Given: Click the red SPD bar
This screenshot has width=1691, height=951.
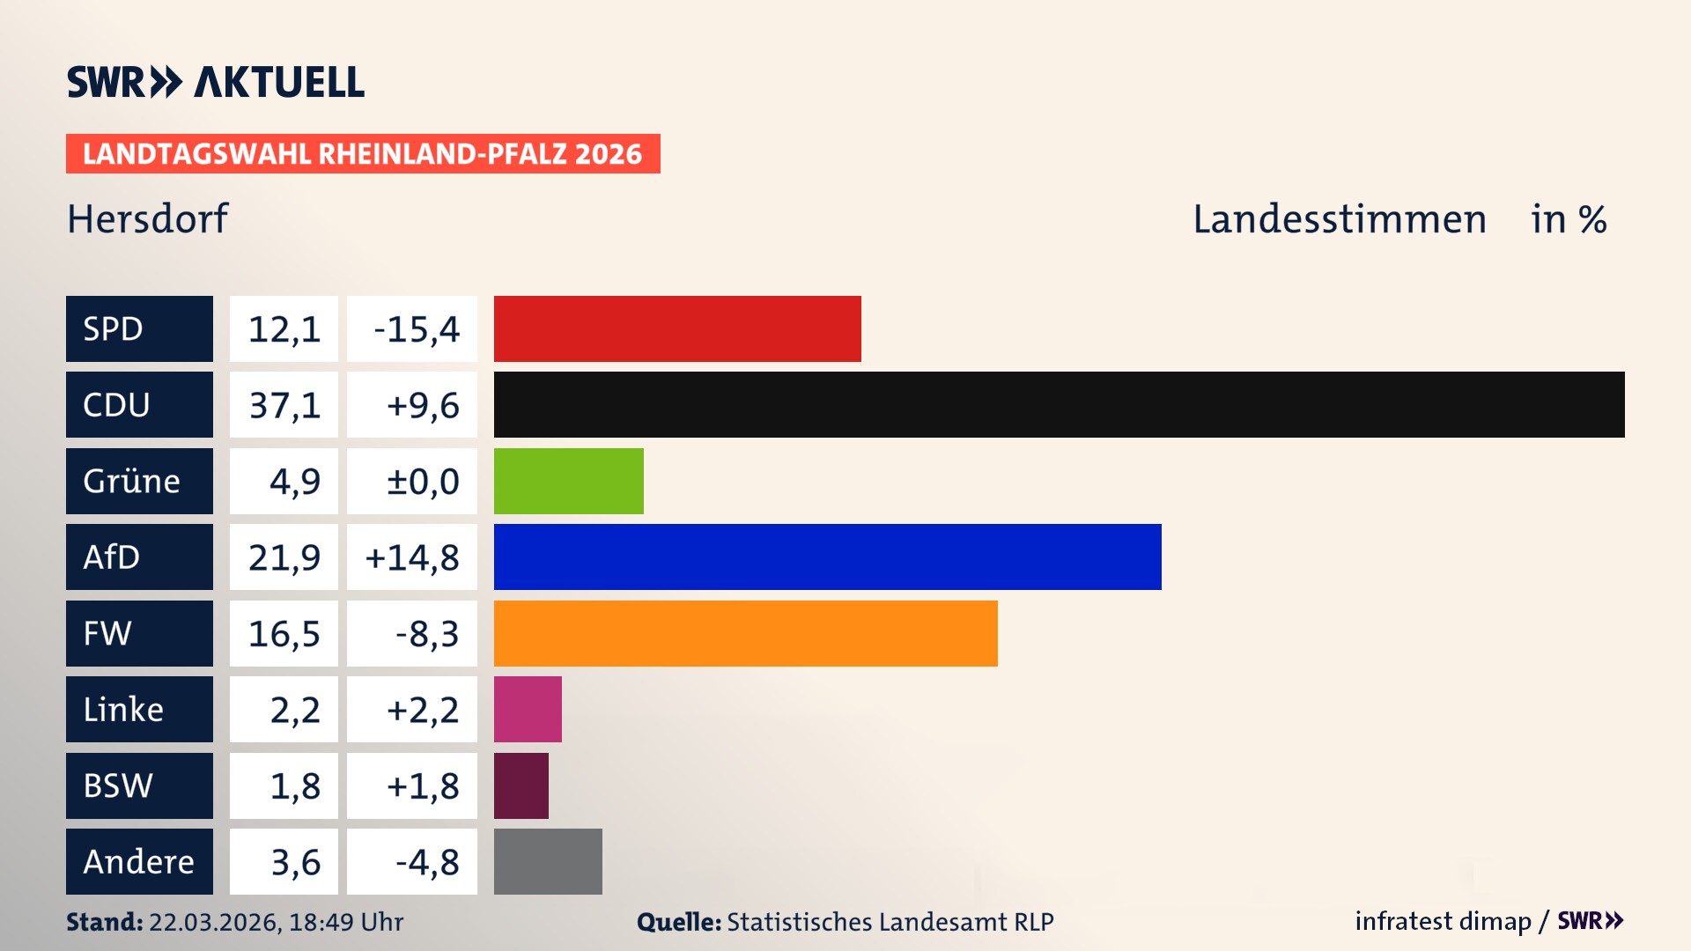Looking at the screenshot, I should click(677, 328).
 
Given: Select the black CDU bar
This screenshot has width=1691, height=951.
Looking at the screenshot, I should click(1059, 404).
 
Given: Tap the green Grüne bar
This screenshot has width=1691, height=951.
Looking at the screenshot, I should click(568, 481).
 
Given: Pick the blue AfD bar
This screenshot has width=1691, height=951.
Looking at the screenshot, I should click(827, 557).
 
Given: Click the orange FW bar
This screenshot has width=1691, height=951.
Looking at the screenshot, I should click(745, 633).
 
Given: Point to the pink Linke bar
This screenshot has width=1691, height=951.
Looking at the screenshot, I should click(528, 709).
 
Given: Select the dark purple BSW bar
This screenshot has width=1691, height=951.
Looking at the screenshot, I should click(521, 785).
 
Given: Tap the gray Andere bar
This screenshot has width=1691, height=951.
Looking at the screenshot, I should click(548, 861).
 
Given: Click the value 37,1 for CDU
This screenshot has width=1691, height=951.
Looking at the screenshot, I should click(284, 405).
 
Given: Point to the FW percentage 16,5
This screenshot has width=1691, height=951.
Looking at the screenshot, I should click(284, 634).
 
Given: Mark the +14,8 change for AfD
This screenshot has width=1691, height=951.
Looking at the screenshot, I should click(412, 557).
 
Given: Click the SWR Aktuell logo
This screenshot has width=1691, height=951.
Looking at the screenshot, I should click(216, 82).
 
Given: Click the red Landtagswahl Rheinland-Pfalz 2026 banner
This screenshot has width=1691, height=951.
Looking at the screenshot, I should click(363, 154).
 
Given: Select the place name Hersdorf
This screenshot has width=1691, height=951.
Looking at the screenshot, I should click(147, 219).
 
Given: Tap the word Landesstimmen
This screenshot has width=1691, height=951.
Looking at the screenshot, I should click(1340, 219).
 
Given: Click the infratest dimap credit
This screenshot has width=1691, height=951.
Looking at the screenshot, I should click(1442, 921).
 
